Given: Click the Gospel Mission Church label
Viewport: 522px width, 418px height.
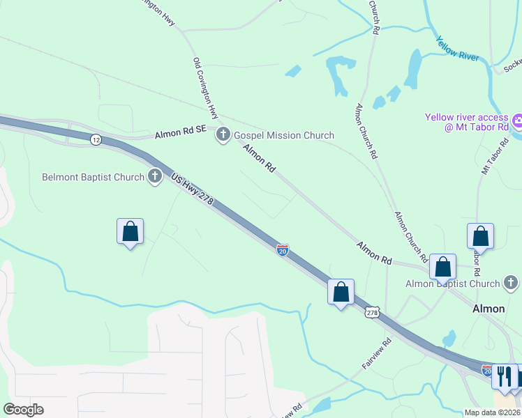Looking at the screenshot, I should coord(283,135).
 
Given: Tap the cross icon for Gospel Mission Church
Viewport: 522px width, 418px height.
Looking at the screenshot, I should coord(223,134).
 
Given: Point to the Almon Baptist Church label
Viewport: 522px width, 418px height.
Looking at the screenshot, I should coord(454,284).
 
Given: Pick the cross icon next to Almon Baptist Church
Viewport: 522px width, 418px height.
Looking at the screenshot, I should coord(511,283).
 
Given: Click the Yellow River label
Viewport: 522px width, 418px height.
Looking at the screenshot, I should coord(458,47).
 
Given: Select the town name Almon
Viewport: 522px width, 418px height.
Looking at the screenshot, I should coord(489,308).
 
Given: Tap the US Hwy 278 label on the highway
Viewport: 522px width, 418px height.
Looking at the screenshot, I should coord(192,190).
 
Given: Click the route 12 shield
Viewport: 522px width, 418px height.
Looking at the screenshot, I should coord(96,140).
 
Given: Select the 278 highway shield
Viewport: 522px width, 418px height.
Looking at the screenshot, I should coord(372,313).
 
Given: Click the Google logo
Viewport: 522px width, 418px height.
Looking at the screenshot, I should coord(23,410).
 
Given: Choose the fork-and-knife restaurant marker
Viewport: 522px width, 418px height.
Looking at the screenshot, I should coord(505,376).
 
